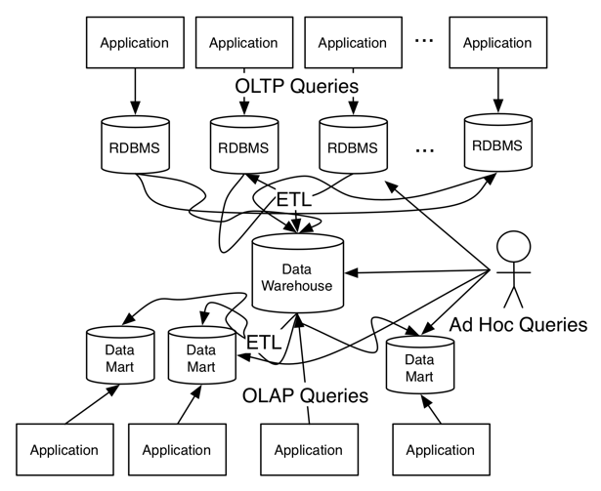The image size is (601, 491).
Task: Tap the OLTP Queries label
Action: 297,86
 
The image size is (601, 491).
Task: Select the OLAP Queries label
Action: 305,395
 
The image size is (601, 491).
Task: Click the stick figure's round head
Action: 514,247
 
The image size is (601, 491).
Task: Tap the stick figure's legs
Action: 514,296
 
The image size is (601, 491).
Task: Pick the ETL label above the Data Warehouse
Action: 294,199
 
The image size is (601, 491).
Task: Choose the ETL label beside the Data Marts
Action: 264,342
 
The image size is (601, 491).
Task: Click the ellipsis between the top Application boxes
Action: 424,40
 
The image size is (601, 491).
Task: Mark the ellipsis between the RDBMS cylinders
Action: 425,149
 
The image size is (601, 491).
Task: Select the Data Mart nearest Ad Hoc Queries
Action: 419,365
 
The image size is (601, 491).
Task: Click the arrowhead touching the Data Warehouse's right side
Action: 351,272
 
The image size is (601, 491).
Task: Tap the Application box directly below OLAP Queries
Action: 310,449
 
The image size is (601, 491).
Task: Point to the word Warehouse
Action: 297,286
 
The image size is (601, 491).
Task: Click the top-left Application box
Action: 135,43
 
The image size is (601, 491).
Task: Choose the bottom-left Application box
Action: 64,449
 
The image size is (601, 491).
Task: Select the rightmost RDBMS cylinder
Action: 497,143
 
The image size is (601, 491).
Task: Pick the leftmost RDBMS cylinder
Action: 135,144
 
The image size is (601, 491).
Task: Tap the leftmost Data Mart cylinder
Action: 120,355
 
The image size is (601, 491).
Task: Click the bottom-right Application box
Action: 441,449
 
